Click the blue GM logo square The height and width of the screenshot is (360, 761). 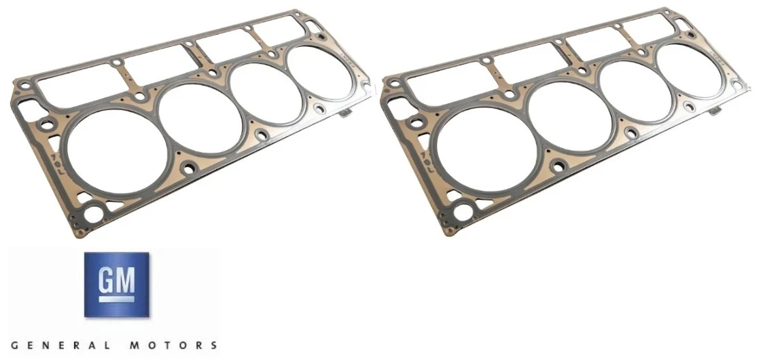click(x=116, y=285)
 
